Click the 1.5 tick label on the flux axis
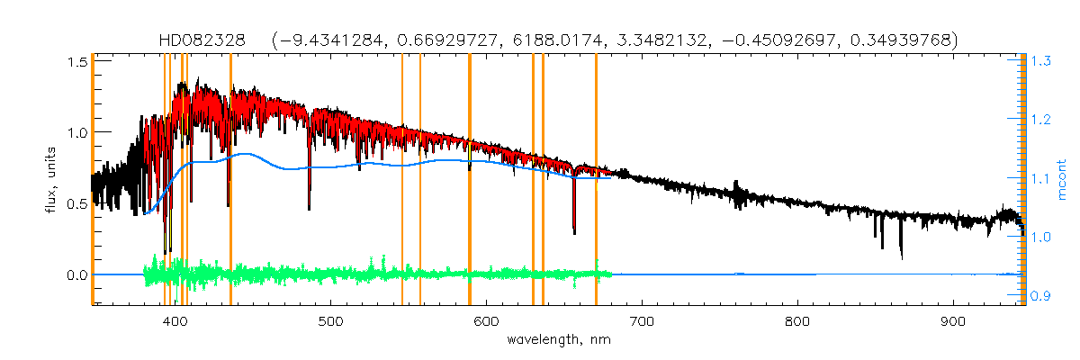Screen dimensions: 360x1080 click(x=76, y=61)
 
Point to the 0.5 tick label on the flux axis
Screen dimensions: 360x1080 click(x=76, y=203)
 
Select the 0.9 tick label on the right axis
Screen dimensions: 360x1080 click(x=1041, y=296)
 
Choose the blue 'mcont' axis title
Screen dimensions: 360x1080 click(x=1063, y=177)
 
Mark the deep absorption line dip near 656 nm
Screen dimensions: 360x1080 click(x=574, y=229)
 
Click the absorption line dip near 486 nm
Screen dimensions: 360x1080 click(x=310, y=205)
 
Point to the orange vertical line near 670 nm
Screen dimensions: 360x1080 click(x=596, y=180)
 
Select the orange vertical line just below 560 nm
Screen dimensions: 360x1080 click(x=420, y=180)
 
